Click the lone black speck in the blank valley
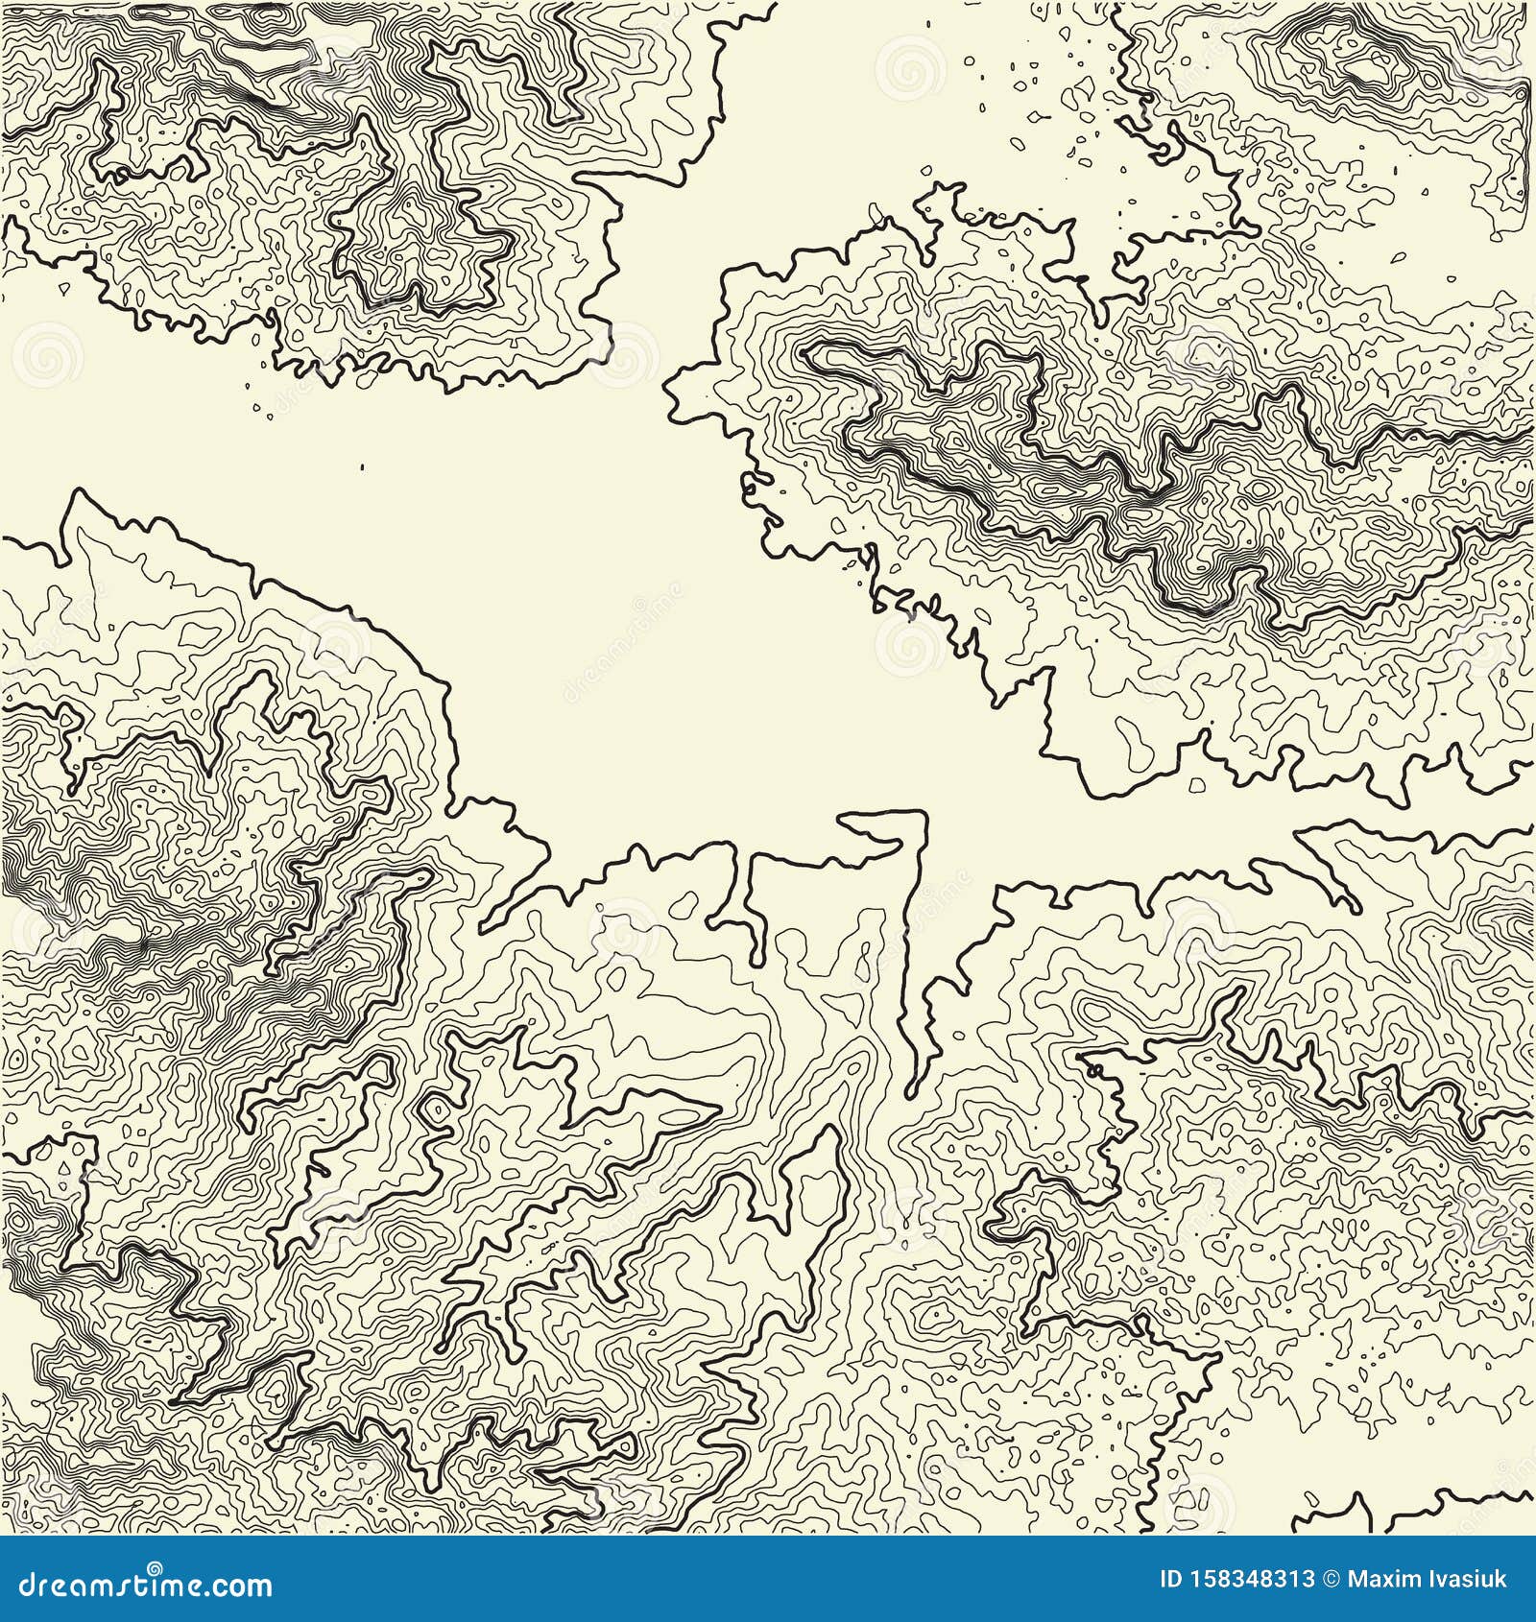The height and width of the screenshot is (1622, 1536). click(363, 467)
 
